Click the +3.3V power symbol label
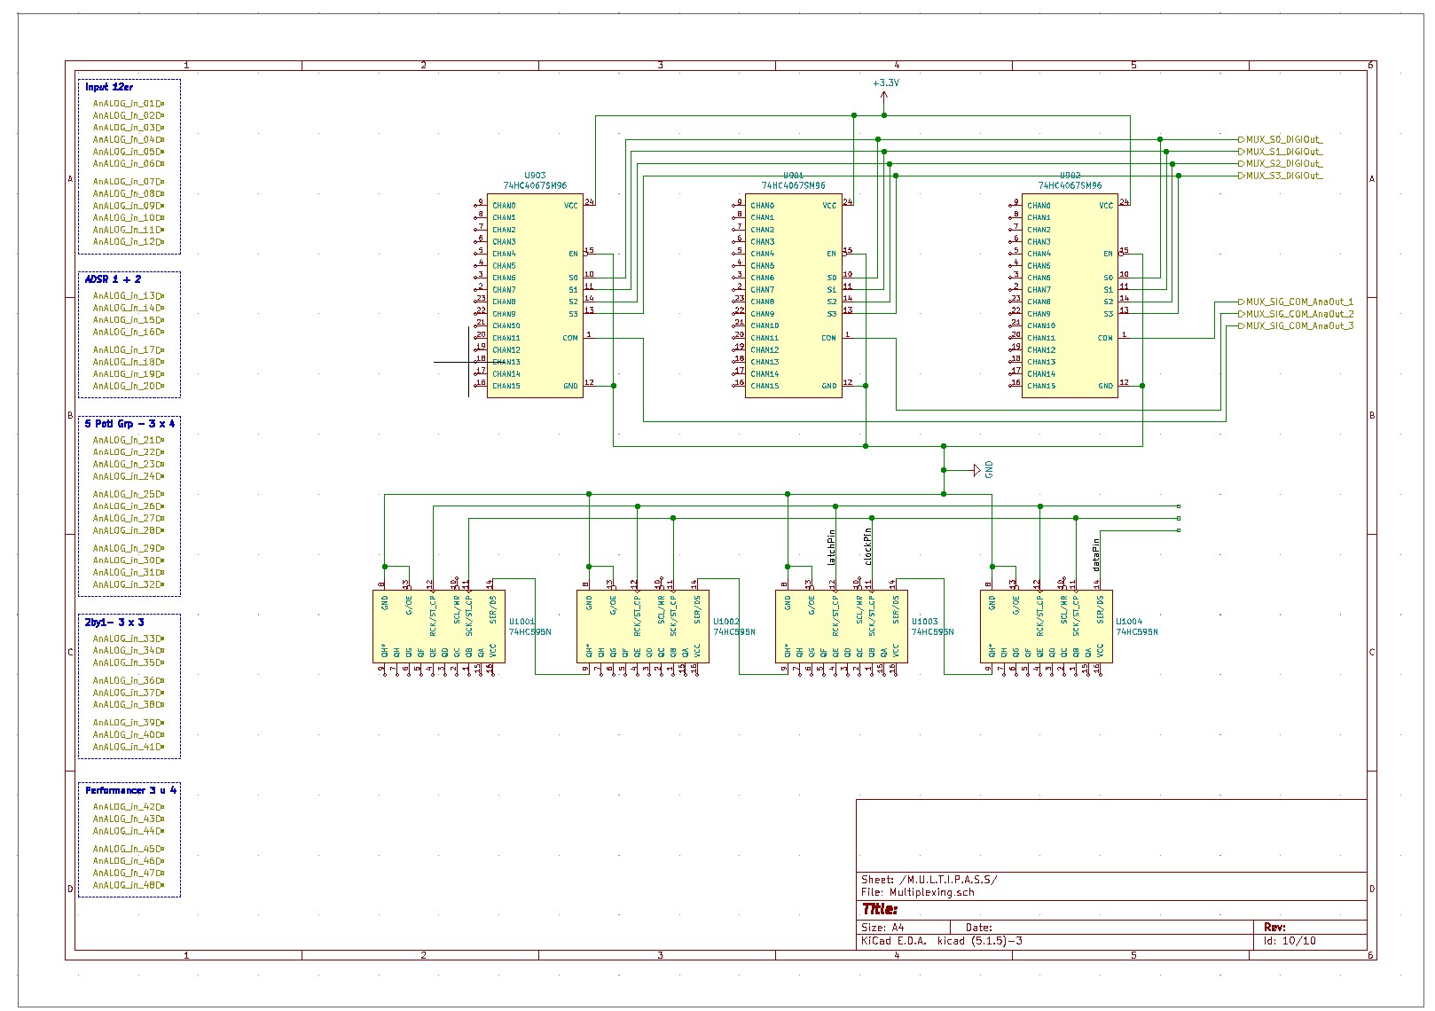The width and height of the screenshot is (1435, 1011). [885, 82]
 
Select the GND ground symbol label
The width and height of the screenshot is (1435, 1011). [989, 470]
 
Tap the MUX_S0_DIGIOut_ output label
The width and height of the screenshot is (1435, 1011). [1284, 139]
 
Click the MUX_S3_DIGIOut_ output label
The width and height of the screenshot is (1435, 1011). [1284, 176]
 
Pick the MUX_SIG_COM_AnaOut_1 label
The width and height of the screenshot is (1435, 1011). [1299, 302]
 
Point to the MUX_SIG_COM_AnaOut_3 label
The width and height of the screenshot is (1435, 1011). [1299, 325]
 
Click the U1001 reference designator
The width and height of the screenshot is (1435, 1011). [521, 622]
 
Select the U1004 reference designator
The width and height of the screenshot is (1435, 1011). [1129, 622]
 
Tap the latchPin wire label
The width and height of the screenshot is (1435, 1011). [832, 548]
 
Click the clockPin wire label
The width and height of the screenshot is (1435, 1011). [868, 547]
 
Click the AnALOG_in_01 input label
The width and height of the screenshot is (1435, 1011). [126, 103]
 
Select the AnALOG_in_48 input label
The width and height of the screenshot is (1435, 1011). [126, 885]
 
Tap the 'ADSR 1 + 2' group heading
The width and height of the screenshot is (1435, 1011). [113, 279]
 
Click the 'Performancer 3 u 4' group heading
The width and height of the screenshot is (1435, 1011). [130, 790]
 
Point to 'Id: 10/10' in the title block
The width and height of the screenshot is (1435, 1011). [1290, 941]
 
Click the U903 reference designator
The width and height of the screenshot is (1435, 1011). [535, 176]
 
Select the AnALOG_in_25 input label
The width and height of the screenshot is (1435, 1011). [126, 494]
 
